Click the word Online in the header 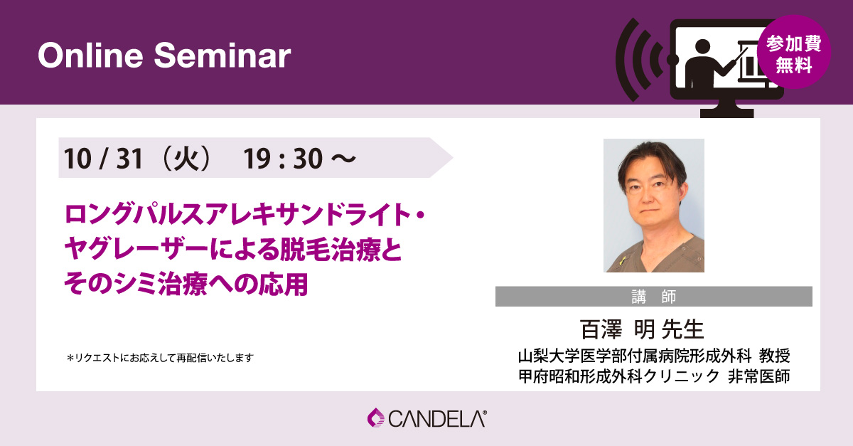(x=91, y=55)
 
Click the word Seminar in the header (x=222, y=55)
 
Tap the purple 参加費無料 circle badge (x=794, y=52)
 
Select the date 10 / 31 (x=103, y=159)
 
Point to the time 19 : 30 (x=283, y=159)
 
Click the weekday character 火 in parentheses (x=186, y=159)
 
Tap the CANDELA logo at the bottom (x=427, y=418)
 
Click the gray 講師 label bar (x=653, y=296)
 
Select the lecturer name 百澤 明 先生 (x=642, y=329)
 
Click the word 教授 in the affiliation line (x=775, y=356)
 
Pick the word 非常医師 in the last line (x=758, y=376)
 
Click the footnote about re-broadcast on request (x=160, y=358)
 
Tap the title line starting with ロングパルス (x=245, y=214)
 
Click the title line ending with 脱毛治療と (x=232, y=249)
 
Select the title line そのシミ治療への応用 (x=186, y=284)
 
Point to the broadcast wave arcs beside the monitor (x=640, y=60)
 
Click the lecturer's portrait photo (x=654, y=205)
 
